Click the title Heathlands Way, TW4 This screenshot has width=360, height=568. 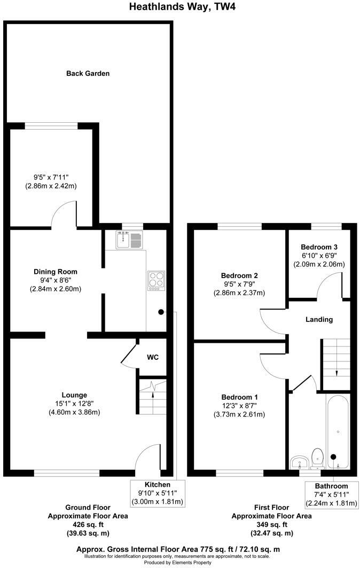pyautogui.click(x=179, y=7)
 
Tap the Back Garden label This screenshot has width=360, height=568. pyautogui.click(x=88, y=73)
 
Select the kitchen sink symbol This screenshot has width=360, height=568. pyautogui.click(x=128, y=241)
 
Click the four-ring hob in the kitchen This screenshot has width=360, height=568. pyautogui.click(x=155, y=281)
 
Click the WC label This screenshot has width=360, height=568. pyautogui.click(x=153, y=357)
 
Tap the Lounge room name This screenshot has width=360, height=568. pyautogui.click(x=74, y=395)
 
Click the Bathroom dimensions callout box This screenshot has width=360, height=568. pyautogui.click(x=331, y=494)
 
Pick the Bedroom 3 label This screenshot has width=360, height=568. pyautogui.click(x=319, y=247)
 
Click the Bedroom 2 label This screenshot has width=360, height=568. pyautogui.click(x=240, y=275)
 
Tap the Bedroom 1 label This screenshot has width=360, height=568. pyautogui.click(x=240, y=397)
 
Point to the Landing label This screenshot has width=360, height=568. pyautogui.click(x=319, y=319)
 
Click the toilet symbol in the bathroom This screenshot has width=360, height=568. pyautogui.click(x=318, y=457)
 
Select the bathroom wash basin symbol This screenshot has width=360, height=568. pyautogui.click(x=298, y=461)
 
